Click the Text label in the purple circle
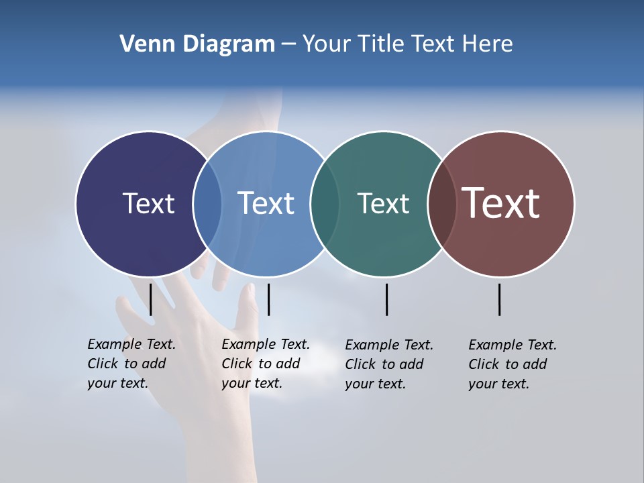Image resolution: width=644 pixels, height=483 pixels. [148, 203]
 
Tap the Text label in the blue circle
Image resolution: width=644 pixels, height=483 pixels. [266, 203]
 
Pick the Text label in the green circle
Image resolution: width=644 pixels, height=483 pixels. [383, 203]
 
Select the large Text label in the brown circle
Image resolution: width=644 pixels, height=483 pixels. [501, 203]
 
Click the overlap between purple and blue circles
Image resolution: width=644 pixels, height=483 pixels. [207, 203]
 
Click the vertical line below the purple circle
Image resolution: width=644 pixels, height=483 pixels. [151, 299]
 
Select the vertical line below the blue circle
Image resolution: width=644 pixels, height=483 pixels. [268, 299]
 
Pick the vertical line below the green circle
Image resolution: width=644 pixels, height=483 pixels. [386, 299]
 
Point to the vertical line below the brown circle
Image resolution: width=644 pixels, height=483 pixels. [500, 299]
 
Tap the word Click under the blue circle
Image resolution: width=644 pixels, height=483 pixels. [237, 364]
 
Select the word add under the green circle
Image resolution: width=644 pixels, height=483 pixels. [412, 364]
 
